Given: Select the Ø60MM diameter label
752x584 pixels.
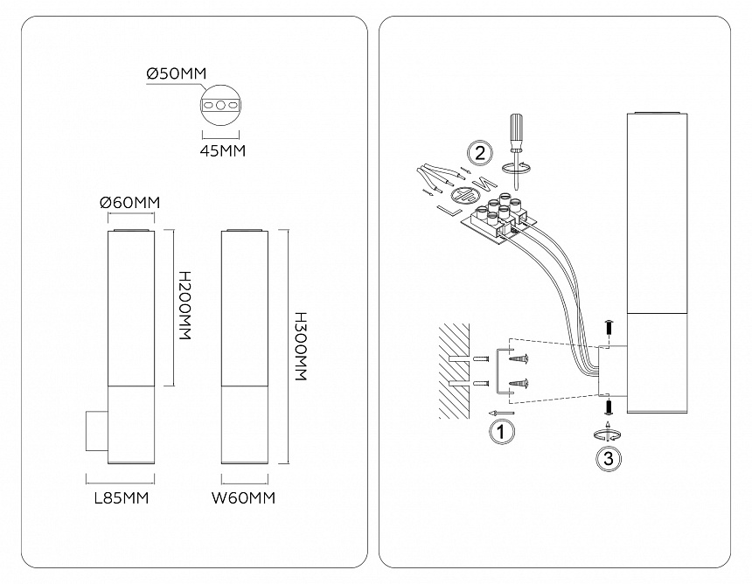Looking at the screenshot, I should tap(130, 203).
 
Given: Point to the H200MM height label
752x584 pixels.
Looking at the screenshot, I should tap(185, 306).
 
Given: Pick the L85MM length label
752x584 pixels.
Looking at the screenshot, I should tap(121, 499).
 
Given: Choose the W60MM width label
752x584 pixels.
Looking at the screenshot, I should tap(244, 499).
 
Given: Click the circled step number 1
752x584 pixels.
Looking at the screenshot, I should tap(500, 431).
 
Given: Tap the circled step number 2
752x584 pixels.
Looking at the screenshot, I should tap(478, 152).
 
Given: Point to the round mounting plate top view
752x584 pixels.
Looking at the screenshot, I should tap(222, 105).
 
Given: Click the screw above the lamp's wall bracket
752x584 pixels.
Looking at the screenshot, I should tap(609, 328).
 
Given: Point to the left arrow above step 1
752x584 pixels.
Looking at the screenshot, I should tap(499, 413).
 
